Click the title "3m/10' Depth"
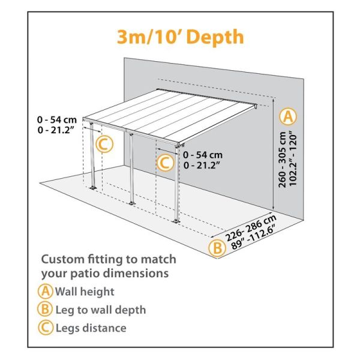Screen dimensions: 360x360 pos(180,37)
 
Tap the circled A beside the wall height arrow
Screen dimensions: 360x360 pos(289,115)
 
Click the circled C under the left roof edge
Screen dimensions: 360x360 pos(104,144)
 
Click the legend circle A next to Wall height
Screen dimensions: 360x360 pos(46,292)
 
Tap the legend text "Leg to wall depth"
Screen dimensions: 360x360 pos(100,310)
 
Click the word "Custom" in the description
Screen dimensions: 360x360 pos(61,259)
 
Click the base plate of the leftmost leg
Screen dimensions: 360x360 pos(92,190)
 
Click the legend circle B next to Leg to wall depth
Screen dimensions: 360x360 pos(46,310)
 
